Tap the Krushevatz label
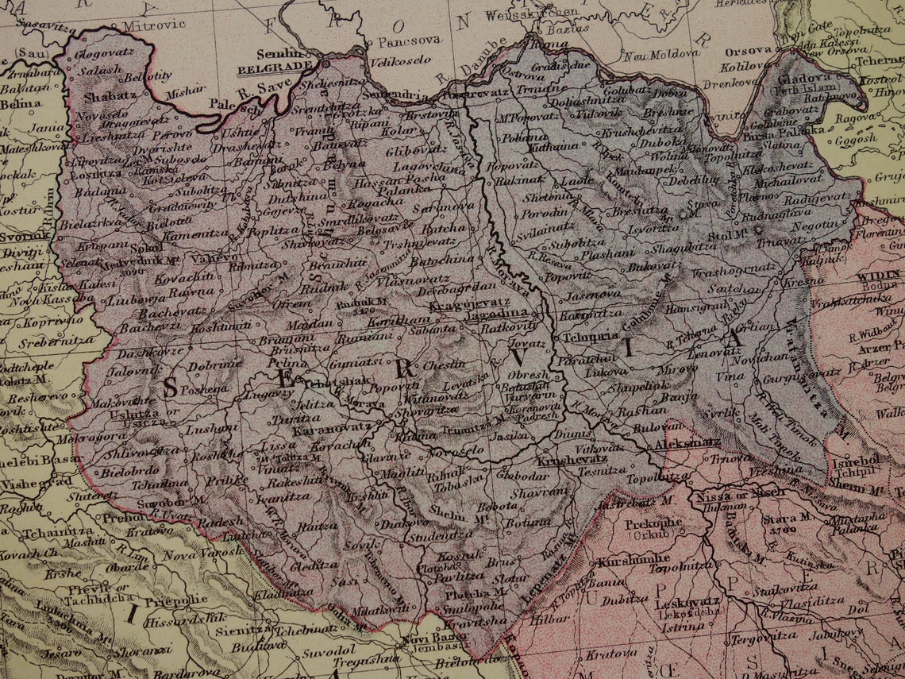(x=572, y=460)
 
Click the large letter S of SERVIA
(x=170, y=387)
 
